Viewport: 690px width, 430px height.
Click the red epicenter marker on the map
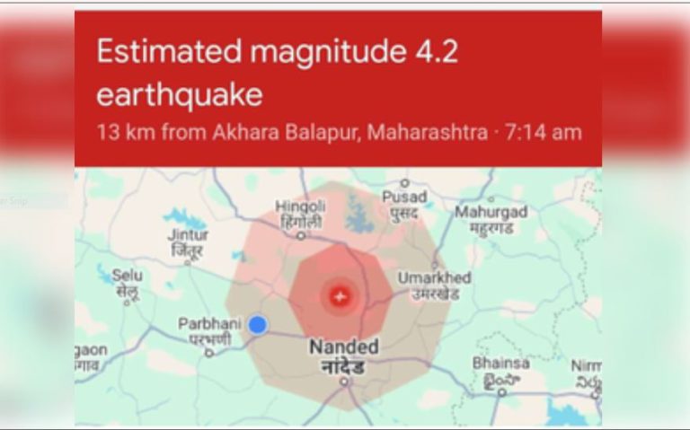(340, 296)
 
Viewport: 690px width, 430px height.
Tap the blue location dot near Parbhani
(258, 324)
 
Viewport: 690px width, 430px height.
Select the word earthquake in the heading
(179, 95)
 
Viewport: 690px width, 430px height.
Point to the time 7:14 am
(543, 133)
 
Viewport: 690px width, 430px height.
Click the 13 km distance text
(120, 133)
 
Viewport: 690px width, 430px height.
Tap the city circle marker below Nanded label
(343, 382)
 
